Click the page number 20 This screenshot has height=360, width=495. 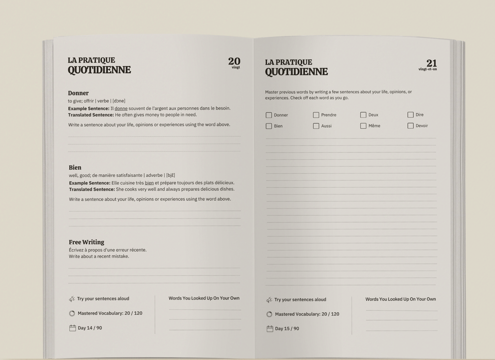(x=234, y=61)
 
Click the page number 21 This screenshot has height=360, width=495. (x=431, y=63)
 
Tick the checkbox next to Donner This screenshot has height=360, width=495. (x=269, y=115)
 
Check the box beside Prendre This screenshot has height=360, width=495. (x=316, y=115)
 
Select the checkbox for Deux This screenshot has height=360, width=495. (x=363, y=115)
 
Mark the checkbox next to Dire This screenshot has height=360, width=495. (x=410, y=115)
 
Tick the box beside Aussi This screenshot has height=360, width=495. (x=316, y=126)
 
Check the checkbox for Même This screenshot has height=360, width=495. (x=363, y=126)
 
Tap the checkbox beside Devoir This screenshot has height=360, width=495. (x=410, y=126)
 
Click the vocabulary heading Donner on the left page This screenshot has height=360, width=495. (x=78, y=93)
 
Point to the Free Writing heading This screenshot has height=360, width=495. (x=87, y=242)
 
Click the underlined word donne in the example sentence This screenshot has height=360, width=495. (x=121, y=108)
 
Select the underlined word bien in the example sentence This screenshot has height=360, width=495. (x=149, y=183)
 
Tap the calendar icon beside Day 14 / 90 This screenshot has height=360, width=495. (x=73, y=328)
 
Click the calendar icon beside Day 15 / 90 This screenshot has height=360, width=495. (x=270, y=329)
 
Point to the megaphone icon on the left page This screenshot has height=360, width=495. (x=72, y=299)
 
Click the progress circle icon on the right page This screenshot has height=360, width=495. (x=269, y=314)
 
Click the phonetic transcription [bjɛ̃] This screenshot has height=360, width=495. (x=171, y=175)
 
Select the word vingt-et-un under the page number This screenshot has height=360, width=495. (x=427, y=69)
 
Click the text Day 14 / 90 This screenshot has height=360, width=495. (x=90, y=328)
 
